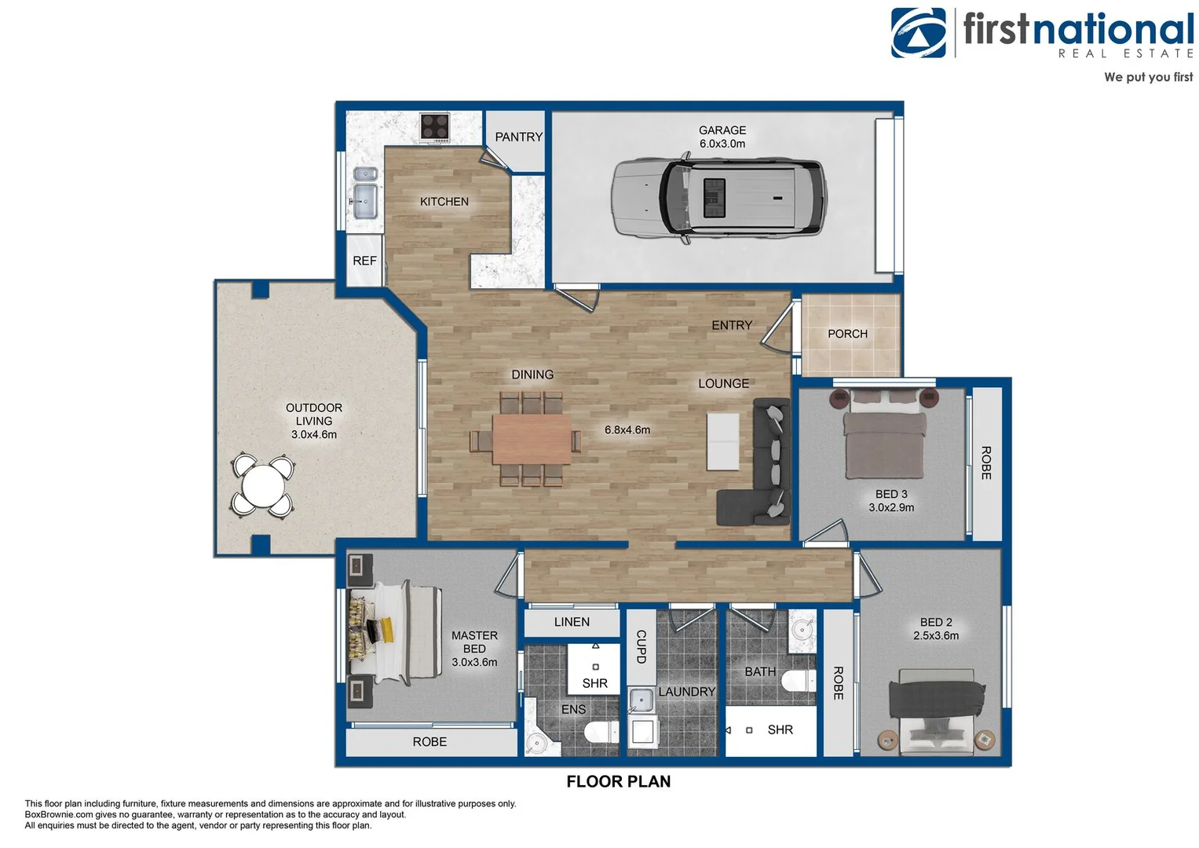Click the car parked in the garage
[719, 198]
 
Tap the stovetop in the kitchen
[435, 127]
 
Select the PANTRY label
[519, 137]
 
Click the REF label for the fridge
[364, 261]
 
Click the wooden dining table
[532, 439]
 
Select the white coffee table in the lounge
[722, 441]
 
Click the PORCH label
[847, 334]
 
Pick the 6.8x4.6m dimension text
[627, 430]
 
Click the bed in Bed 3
[884, 433]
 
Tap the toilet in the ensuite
[601, 732]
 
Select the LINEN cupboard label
[572, 622]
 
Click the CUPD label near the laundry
[641, 647]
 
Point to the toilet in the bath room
[799, 682]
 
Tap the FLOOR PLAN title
[618, 781]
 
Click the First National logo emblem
[919, 33]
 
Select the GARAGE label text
[722, 130]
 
